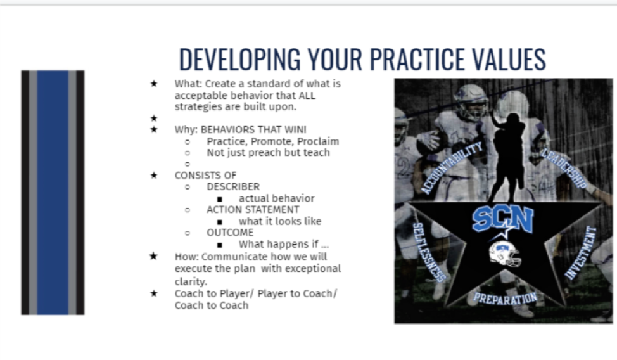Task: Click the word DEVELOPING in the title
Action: (x=239, y=60)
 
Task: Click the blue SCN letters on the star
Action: (x=502, y=219)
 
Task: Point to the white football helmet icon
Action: (x=505, y=254)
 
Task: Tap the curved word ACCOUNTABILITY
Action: (x=452, y=168)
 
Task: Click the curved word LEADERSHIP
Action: (x=564, y=168)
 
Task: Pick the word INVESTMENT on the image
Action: (x=581, y=253)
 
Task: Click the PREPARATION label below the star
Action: (x=505, y=299)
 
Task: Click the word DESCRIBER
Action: (x=233, y=187)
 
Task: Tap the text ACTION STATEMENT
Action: (x=253, y=210)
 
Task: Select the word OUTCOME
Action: (x=230, y=233)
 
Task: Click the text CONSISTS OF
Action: (x=205, y=176)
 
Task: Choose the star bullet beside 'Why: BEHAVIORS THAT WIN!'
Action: (x=154, y=129)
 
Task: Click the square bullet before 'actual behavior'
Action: (x=220, y=199)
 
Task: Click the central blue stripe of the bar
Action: (x=53, y=193)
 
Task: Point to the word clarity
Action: (x=191, y=281)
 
